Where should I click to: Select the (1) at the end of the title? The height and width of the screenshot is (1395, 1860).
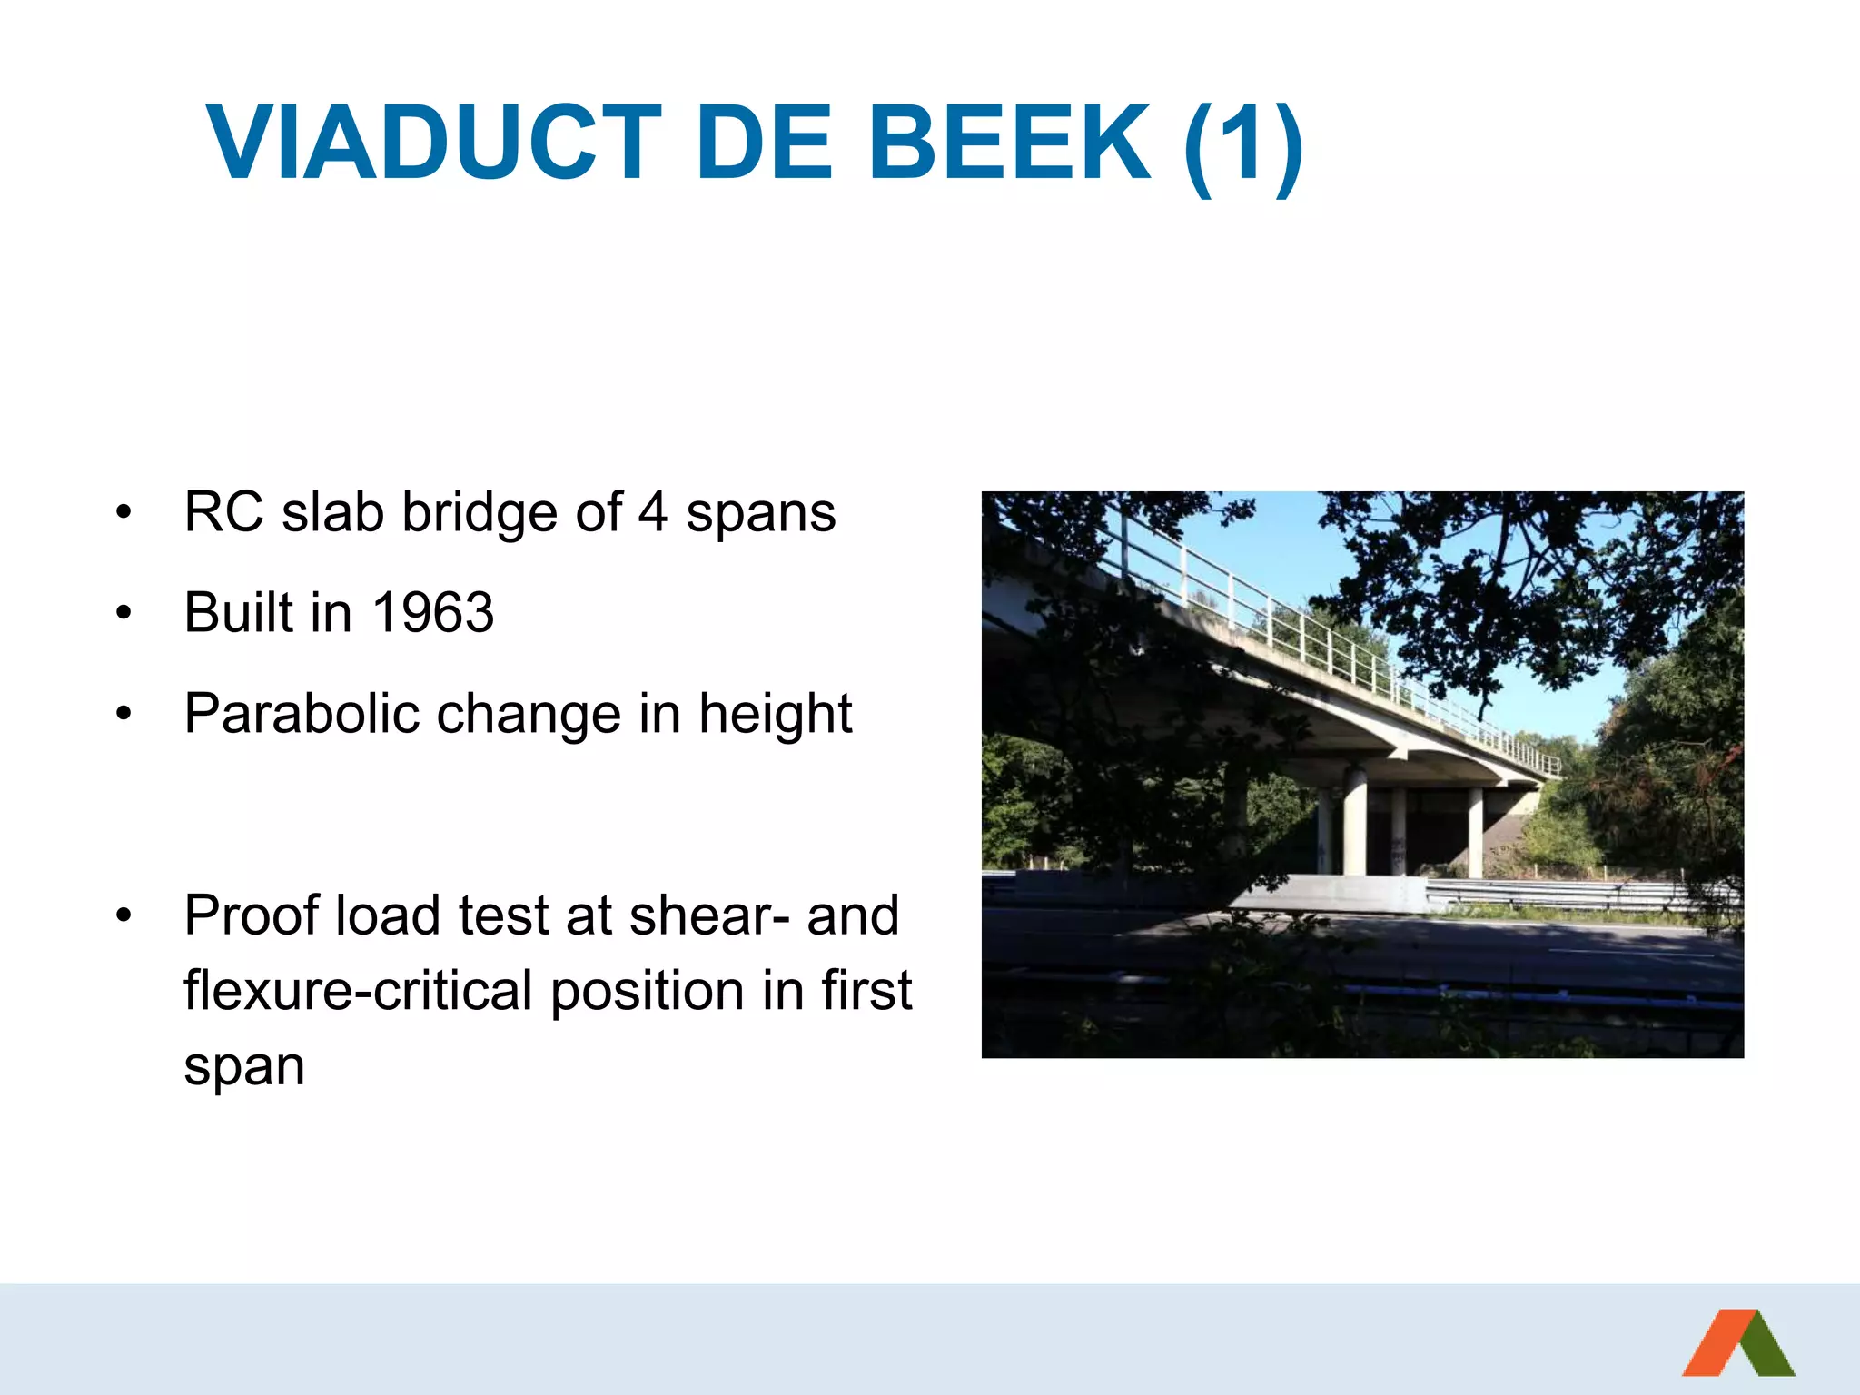pyautogui.click(x=1243, y=144)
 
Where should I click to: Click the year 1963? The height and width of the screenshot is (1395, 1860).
pyautogui.click(x=433, y=613)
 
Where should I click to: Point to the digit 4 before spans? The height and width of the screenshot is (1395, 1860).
pyautogui.click(x=652, y=513)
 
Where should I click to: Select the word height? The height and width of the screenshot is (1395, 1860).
pyautogui.click(x=775, y=714)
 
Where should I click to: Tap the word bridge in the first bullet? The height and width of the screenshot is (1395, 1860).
pyautogui.click(x=480, y=513)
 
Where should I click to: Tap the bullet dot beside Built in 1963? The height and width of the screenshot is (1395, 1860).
pyautogui.click(x=124, y=614)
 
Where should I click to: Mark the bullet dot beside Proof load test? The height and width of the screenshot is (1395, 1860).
pyautogui.click(x=124, y=916)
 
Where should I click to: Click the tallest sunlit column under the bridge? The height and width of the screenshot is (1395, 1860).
pyautogui.click(x=1354, y=822)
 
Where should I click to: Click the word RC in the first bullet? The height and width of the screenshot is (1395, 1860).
pyautogui.click(x=223, y=513)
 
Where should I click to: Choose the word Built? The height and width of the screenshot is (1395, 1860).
pyautogui.click(x=239, y=613)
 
